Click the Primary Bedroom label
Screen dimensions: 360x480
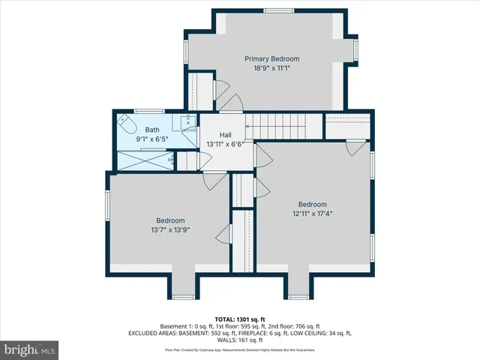271,58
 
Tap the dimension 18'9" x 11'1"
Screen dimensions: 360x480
271,68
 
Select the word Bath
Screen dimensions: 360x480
152,130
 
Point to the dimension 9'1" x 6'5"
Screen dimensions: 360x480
152,139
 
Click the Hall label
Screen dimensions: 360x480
225,135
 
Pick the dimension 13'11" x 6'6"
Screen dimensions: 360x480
225,144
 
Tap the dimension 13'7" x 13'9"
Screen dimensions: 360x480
170,230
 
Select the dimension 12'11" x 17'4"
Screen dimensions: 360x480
313,214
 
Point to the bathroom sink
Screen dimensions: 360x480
186,121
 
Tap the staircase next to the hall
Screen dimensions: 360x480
285,126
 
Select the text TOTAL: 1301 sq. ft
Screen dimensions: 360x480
240,318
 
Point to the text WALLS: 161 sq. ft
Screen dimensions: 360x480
240,339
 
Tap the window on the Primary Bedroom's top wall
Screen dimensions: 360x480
274,10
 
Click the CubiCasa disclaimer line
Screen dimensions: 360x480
240,349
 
